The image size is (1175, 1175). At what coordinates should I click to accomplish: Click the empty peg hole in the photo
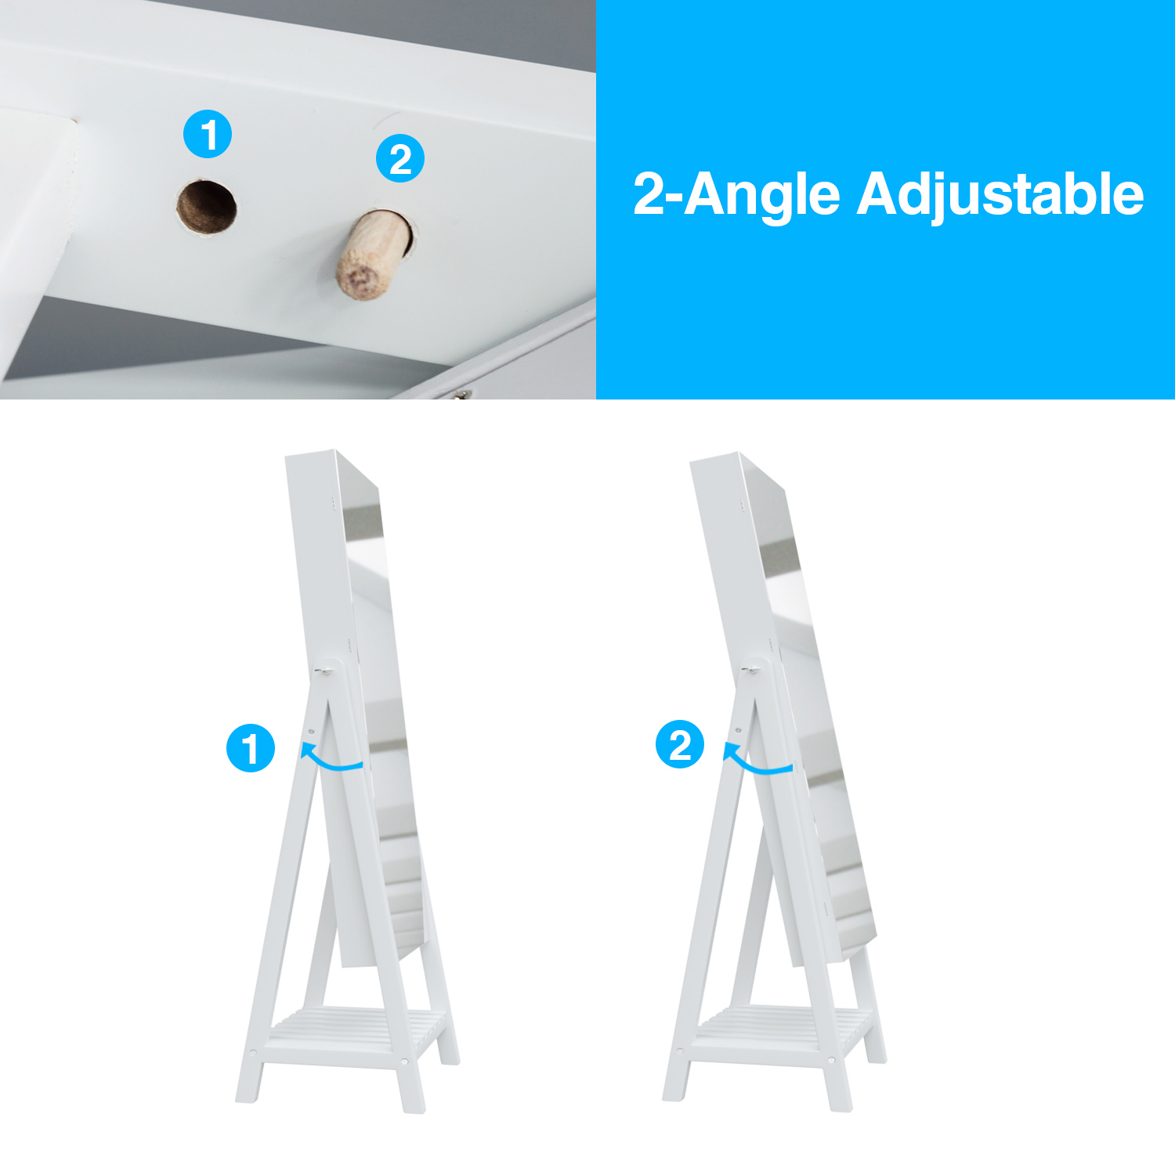tap(206, 206)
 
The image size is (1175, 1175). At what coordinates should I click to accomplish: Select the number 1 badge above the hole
tap(208, 134)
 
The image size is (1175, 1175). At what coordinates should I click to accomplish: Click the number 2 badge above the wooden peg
tap(400, 159)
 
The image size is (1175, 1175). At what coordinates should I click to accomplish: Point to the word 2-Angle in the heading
tap(736, 195)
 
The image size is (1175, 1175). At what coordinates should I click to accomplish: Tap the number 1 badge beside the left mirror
tap(251, 748)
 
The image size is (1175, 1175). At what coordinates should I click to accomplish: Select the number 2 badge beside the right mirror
tap(680, 744)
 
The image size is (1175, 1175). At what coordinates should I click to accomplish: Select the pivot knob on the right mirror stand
tap(749, 670)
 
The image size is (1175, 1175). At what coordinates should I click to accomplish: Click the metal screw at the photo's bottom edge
tap(461, 395)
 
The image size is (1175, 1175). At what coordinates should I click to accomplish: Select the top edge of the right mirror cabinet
tap(714, 457)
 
